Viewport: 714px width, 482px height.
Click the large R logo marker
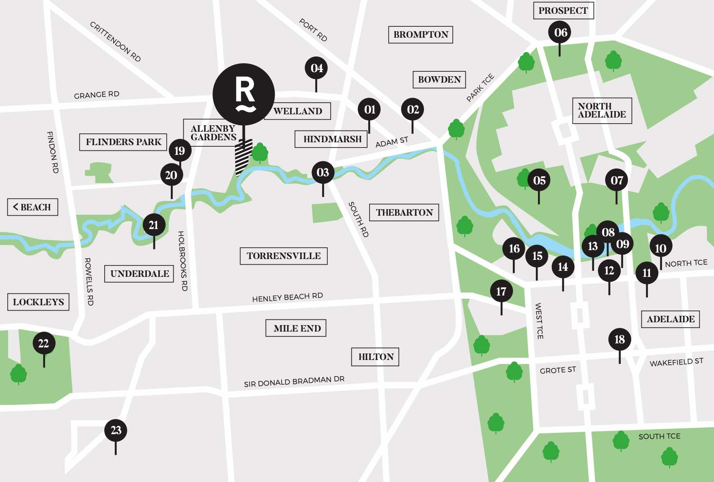[244, 94]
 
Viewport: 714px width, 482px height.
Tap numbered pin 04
[316, 68]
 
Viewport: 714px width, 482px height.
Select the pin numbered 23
[116, 430]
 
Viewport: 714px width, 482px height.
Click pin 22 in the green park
[44, 343]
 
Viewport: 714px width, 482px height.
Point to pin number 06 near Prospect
[560, 32]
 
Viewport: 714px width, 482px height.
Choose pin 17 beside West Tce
[501, 291]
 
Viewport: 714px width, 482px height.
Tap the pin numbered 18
[619, 339]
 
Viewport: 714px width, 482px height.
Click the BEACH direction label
[32, 207]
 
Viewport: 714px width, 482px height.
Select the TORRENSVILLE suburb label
[284, 256]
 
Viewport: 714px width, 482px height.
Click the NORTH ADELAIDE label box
[602, 110]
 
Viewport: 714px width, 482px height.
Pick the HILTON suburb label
[375, 357]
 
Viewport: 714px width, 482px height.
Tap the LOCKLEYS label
[38, 302]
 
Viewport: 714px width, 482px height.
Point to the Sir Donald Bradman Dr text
[294, 381]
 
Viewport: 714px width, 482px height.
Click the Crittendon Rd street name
[115, 42]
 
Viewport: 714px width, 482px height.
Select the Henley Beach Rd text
[287, 297]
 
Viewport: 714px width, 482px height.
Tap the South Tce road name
[659, 436]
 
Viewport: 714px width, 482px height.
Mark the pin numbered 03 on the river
[323, 172]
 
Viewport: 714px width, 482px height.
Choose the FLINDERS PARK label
[123, 142]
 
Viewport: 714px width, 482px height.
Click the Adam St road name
[391, 142]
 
